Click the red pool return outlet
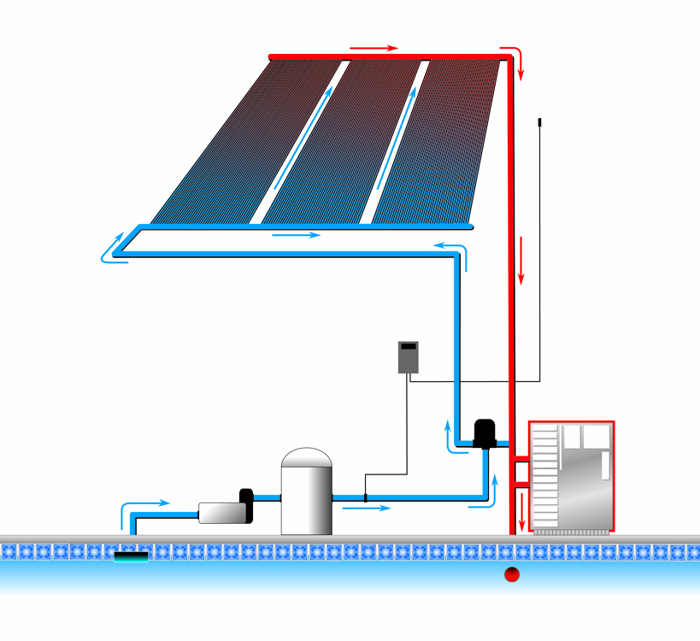[511, 574]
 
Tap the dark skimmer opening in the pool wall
[131, 556]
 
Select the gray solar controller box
[409, 356]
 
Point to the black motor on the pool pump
[246, 506]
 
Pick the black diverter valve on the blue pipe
[486, 433]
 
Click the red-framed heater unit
[571, 476]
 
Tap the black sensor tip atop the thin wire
[540, 122]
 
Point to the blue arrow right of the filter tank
[368, 508]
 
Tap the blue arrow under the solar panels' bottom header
[297, 235]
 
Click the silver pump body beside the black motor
[221, 511]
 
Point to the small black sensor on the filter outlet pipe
[366, 497]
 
